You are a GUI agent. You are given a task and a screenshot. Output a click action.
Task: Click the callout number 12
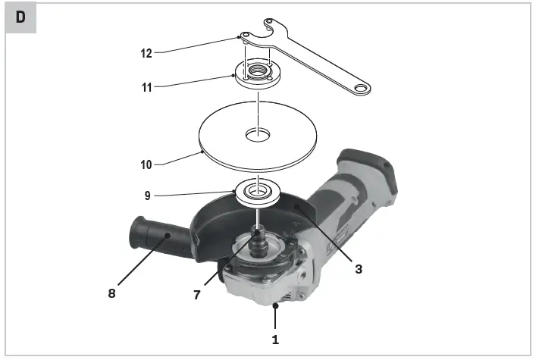(x=146, y=53)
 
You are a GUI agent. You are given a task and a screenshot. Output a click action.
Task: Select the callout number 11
(x=146, y=87)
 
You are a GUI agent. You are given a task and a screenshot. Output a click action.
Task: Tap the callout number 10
(x=146, y=164)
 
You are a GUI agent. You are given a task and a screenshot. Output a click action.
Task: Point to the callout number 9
(x=147, y=195)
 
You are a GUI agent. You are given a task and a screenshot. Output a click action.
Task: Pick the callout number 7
(x=197, y=295)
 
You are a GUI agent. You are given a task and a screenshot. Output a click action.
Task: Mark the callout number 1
(x=275, y=340)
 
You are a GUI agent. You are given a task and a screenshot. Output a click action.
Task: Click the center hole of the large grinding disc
(x=258, y=136)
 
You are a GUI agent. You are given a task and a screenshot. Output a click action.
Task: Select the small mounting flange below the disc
(x=258, y=190)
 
